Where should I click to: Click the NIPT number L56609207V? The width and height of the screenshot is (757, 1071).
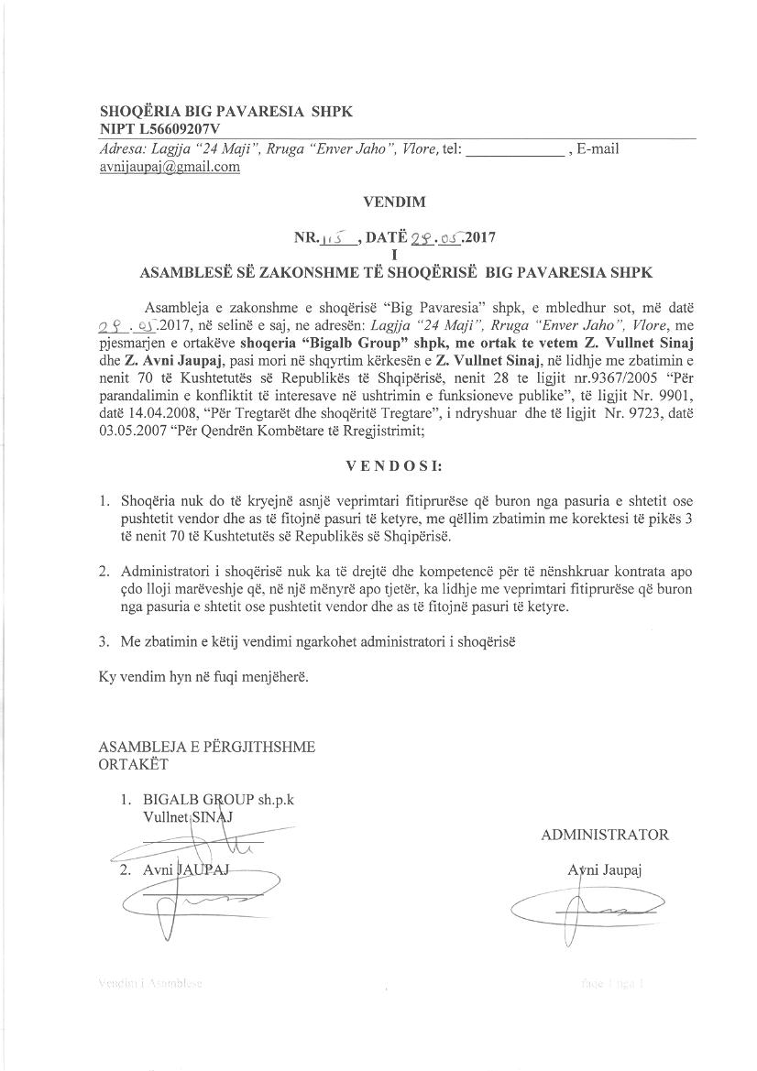[180, 129]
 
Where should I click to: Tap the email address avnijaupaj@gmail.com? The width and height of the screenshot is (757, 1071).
[170, 167]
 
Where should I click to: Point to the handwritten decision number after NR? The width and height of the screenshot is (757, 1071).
[339, 237]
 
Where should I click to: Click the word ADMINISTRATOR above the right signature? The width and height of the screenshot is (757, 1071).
[605, 835]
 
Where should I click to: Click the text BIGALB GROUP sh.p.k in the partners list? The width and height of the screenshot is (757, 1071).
[218, 799]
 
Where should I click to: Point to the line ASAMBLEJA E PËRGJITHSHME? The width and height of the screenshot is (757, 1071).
[206, 747]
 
